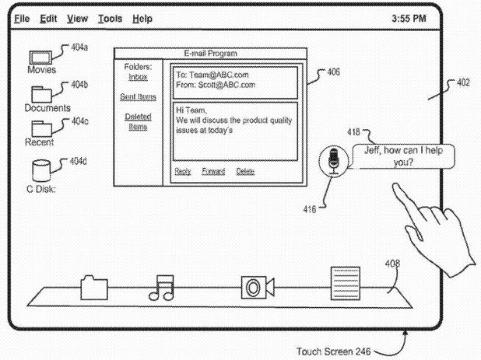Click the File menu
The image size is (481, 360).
tap(22, 19)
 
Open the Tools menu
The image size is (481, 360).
tap(110, 19)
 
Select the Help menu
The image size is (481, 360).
tap(142, 19)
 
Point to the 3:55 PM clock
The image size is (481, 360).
tap(409, 19)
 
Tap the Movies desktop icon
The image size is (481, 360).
tap(40, 58)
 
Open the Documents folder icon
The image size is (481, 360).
tap(41, 94)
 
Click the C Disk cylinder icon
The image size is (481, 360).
tap(41, 170)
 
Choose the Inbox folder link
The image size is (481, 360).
tap(138, 77)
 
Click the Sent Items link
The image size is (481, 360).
tap(138, 97)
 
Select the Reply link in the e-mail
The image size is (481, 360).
tap(183, 171)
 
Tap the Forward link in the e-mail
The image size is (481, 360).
tap(213, 171)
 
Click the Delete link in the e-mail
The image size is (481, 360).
tap(245, 171)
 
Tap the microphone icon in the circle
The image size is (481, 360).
tap(333, 160)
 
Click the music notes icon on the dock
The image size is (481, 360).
tap(161, 288)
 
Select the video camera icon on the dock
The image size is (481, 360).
tap(258, 288)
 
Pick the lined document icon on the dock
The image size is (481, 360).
tap(346, 283)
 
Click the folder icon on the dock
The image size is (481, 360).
tap(94, 288)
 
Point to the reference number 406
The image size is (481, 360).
tap(333, 72)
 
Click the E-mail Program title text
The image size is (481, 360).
tap(210, 54)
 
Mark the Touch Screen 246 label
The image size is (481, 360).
tap(333, 351)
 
